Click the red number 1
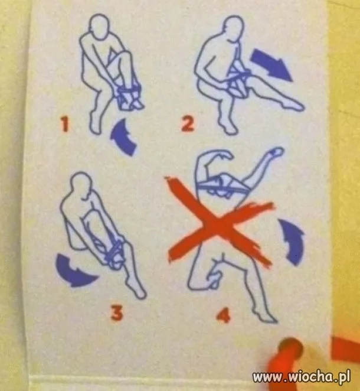65,125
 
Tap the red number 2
188,124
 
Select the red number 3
117,313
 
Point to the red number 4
224,316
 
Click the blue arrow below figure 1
124,138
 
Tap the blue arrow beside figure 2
271,64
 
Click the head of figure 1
100,27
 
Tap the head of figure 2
233,27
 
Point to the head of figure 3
80,185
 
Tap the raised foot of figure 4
276,152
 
